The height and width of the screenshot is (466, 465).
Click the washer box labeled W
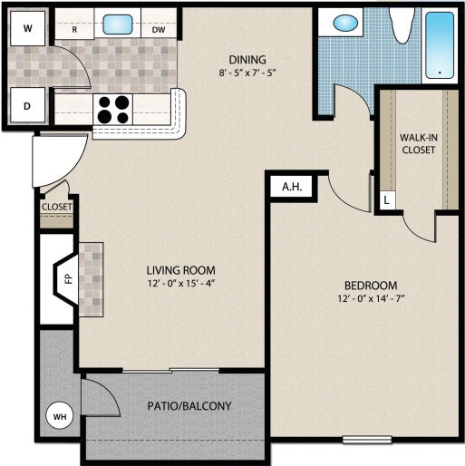click(x=27, y=28)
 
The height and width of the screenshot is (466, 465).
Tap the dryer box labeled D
click(x=27, y=106)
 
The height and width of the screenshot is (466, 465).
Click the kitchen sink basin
click(x=118, y=25)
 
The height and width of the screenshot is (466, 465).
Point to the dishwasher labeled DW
click(x=159, y=29)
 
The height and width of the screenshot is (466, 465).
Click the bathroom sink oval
click(x=345, y=24)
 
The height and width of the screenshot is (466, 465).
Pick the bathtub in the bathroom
click(x=442, y=44)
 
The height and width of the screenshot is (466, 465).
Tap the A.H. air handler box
click(x=291, y=187)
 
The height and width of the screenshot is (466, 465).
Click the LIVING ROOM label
click(x=181, y=269)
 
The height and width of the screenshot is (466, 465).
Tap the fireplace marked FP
click(x=66, y=280)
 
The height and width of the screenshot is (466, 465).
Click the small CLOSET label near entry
click(x=56, y=207)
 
